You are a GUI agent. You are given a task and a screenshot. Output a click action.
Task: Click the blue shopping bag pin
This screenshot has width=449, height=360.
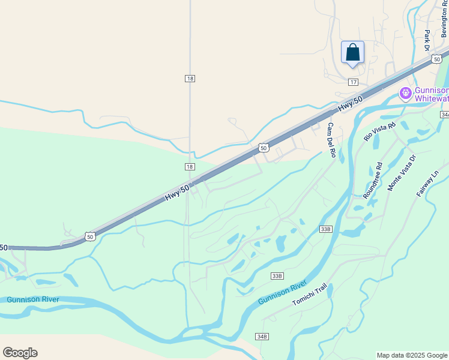(x=352, y=52)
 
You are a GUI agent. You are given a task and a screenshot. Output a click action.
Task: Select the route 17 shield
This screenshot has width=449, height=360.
(x=353, y=82)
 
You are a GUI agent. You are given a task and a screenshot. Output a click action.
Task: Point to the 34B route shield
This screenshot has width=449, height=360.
(x=261, y=336)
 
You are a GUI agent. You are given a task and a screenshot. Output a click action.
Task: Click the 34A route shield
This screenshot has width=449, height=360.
(x=445, y=114)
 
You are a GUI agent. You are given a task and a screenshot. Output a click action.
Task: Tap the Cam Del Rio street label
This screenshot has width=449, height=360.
(x=331, y=140)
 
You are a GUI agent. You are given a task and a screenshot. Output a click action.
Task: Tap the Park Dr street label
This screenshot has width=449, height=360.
(x=427, y=40)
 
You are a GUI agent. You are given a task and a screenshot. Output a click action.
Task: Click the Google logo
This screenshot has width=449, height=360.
(x=20, y=353)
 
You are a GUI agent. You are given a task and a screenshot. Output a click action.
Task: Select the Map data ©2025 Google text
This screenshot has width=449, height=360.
(x=412, y=355)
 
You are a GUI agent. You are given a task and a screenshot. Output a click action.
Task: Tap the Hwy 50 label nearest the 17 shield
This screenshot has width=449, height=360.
(x=350, y=103)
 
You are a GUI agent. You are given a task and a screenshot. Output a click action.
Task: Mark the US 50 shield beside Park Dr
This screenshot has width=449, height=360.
(x=436, y=59)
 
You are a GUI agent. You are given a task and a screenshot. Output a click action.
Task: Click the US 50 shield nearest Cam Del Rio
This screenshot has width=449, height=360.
(x=264, y=148)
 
